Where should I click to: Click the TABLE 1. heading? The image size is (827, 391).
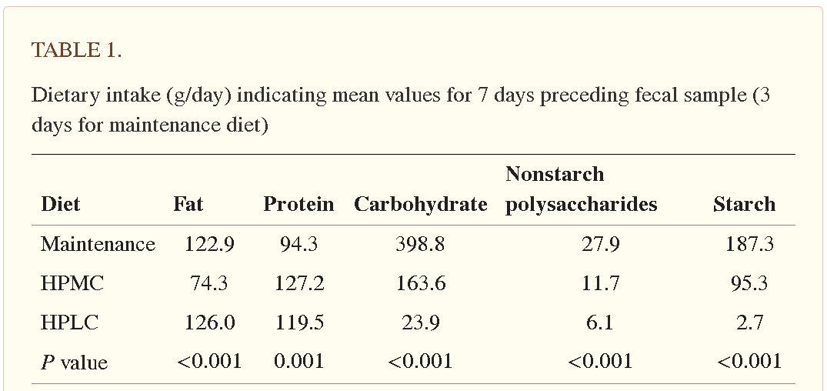coord(76,51)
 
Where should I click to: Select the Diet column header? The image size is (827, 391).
coord(60,204)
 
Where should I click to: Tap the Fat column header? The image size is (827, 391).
coord(188,204)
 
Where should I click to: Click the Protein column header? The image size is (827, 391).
coord(298,204)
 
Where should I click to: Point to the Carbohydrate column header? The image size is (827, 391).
coord(420,204)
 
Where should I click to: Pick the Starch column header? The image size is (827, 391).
coord(744,204)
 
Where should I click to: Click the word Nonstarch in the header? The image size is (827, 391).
coord(555,174)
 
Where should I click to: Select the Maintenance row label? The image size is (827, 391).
coord(98,244)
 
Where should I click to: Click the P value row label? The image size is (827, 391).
coord(74,362)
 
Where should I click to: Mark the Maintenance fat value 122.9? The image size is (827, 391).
coord(209,244)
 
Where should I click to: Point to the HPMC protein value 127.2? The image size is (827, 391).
coord(299,283)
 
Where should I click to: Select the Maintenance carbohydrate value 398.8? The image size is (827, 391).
coord(420,244)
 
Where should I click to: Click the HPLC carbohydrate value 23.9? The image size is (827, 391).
coord(420,322)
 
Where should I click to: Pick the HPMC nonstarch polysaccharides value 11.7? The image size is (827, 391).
coord(600,283)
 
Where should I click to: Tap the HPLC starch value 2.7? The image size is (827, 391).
coord(749,322)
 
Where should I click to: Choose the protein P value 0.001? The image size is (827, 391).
coord(298,361)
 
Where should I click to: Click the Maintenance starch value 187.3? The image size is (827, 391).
coord(749,244)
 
